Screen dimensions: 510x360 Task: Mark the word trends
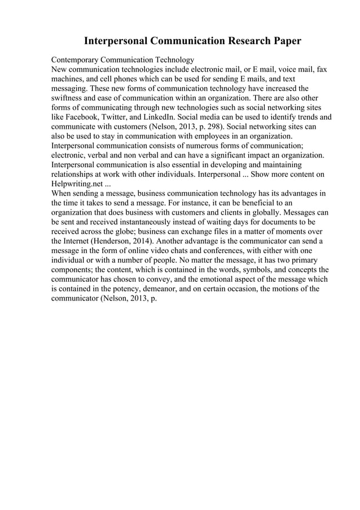[309, 117]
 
